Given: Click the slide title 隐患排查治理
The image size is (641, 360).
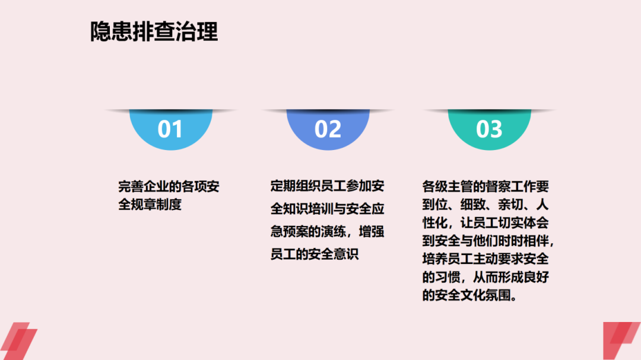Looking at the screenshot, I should [x=154, y=32].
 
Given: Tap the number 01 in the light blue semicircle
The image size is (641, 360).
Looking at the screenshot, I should [x=170, y=129].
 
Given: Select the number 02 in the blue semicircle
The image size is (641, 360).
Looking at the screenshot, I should [x=328, y=129].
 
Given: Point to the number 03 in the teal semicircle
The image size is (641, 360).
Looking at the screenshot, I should [x=489, y=129].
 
